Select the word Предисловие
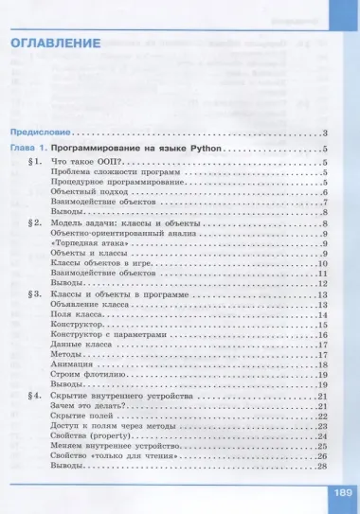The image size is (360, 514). point(41,133)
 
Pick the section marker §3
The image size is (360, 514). point(37,295)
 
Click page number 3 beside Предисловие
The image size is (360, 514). point(323,133)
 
